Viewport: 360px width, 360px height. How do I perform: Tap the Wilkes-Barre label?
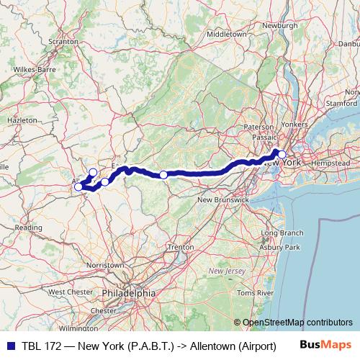33,70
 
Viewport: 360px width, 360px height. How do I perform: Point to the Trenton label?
180,247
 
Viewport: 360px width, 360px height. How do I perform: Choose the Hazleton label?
22,120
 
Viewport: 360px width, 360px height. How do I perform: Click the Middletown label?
227,34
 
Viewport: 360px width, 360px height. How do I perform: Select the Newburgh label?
280,25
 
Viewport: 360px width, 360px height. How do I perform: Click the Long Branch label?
282,233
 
